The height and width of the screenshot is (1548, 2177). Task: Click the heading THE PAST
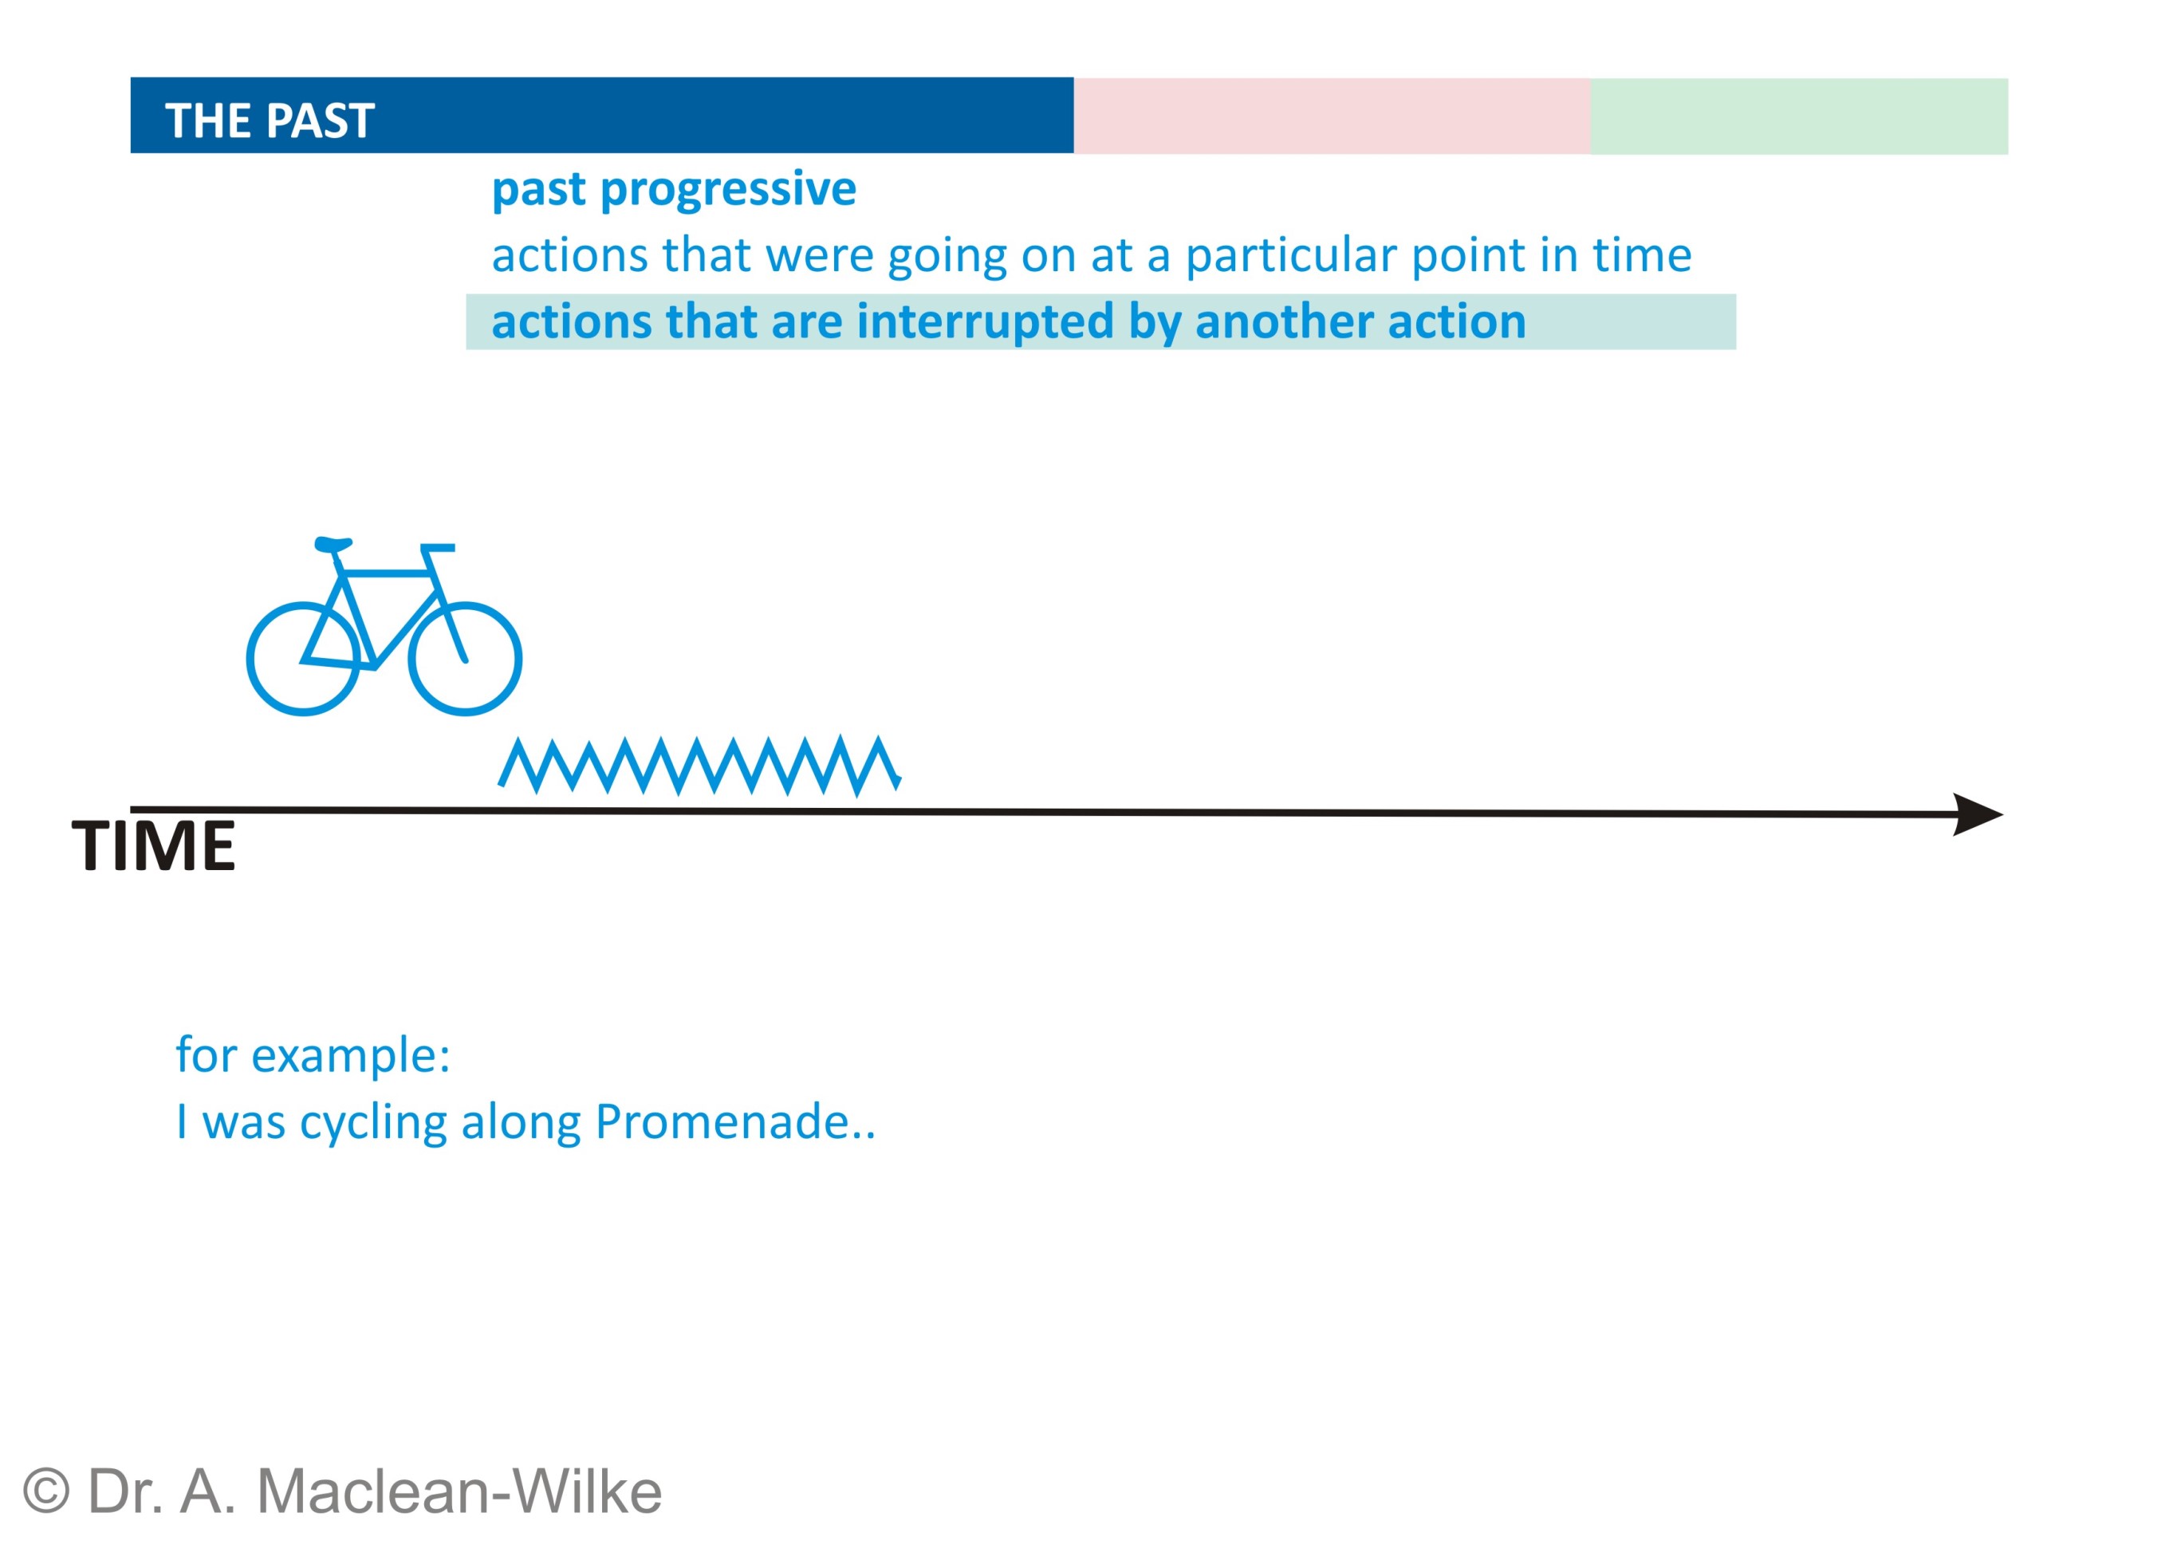coord(270,121)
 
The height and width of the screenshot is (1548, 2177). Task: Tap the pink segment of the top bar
coord(1332,116)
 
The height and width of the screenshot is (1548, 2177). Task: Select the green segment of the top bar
coord(1798,116)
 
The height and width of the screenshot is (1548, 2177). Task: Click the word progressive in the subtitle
coord(729,191)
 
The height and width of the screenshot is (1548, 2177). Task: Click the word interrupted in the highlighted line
coord(986,322)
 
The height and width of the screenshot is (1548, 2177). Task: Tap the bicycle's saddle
coord(333,544)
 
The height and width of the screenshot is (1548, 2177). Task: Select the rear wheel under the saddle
coord(249,659)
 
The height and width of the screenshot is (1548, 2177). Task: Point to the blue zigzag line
coord(699,766)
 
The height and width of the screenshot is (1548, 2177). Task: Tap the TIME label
coord(153,845)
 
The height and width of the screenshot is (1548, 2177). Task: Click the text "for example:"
coord(313,1056)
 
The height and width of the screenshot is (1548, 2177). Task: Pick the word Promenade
coord(722,1122)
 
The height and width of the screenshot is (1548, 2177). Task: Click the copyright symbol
coord(45,1491)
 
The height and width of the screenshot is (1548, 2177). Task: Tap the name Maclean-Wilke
coord(459,1491)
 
